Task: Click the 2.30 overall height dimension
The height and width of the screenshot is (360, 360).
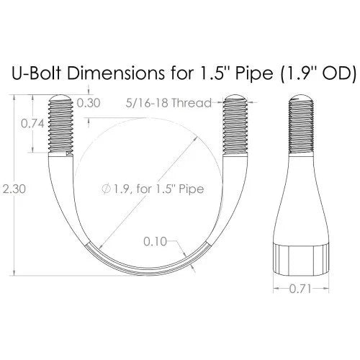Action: [14, 189]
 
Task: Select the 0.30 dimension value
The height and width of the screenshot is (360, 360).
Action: [89, 103]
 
